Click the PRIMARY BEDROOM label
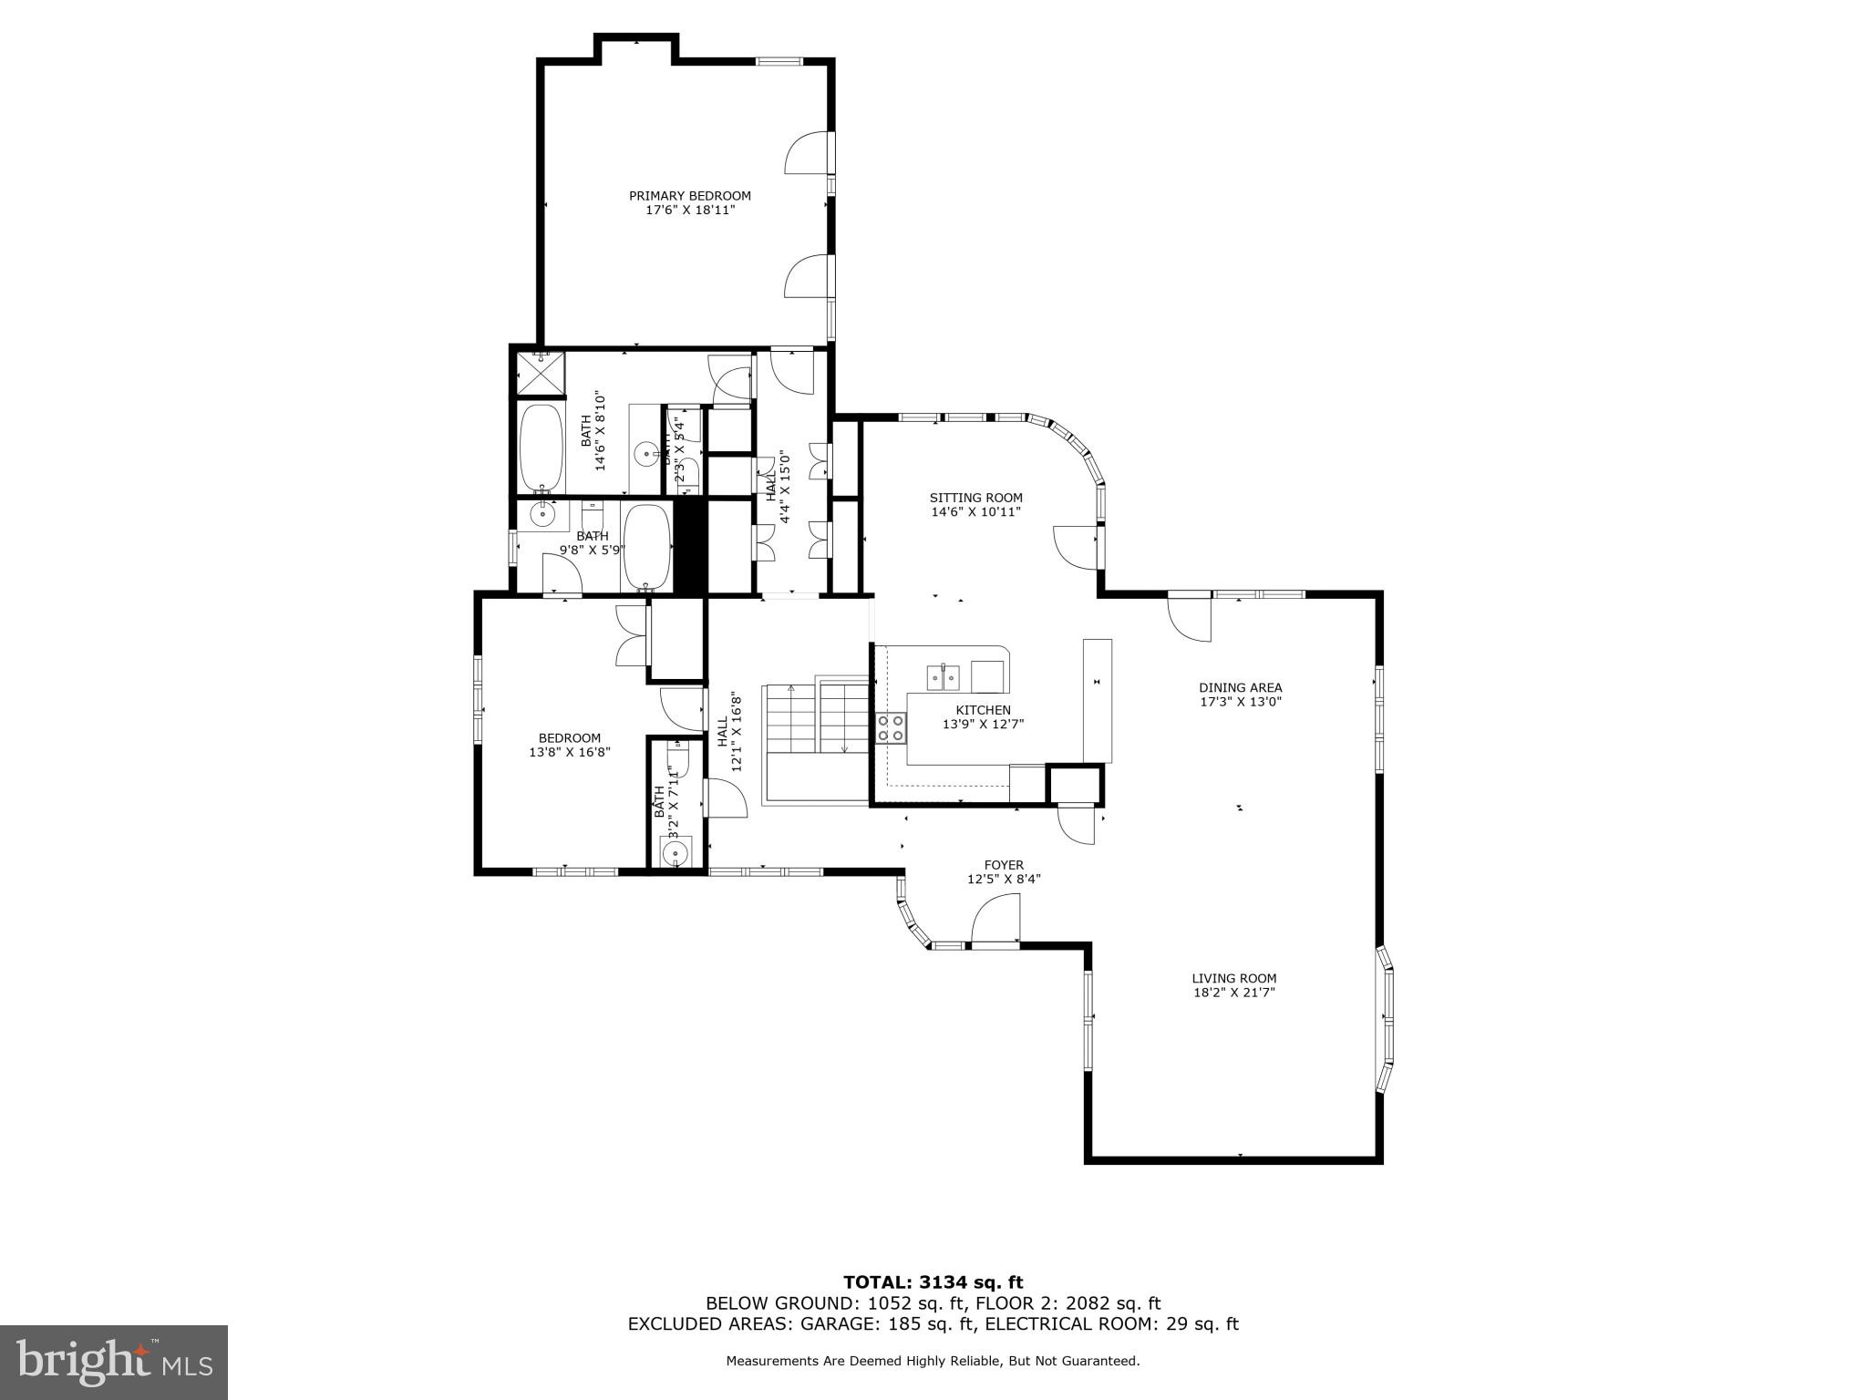[x=689, y=196]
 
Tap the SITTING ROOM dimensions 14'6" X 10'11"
[x=975, y=512]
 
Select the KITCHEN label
[x=983, y=710]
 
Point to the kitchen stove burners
[x=892, y=727]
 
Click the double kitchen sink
[x=944, y=677]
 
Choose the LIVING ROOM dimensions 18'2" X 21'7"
[x=1233, y=993]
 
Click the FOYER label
[x=1003, y=865]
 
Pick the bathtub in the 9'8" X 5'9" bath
[x=645, y=547]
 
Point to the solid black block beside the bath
[x=690, y=547]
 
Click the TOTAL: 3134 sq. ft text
[x=933, y=1282]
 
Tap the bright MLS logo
[x=114, y=1362]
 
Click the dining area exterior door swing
[x=1191, y=618]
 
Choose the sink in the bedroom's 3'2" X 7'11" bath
[x=676, y=853]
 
